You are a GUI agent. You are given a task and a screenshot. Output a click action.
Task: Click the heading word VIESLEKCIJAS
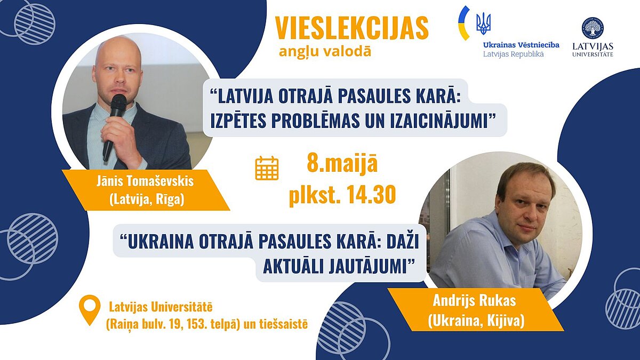351,28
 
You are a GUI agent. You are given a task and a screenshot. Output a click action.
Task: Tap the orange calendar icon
267,169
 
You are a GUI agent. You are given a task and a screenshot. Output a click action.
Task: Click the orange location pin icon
90,310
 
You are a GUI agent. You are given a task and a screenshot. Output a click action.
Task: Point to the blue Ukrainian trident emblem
483,23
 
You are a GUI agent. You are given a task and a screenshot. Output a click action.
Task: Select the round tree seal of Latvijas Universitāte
593,28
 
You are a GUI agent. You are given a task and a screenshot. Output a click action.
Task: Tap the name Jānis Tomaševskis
145,182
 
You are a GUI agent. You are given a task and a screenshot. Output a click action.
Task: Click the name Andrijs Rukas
474,301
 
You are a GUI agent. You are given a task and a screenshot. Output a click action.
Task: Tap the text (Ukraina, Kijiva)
476,322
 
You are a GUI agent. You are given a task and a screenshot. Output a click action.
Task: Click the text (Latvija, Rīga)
147,199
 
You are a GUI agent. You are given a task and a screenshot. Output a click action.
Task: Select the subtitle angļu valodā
325,52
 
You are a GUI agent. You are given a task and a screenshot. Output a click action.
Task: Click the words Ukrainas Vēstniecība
521,45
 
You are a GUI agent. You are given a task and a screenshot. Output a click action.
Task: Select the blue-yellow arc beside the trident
463,23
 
